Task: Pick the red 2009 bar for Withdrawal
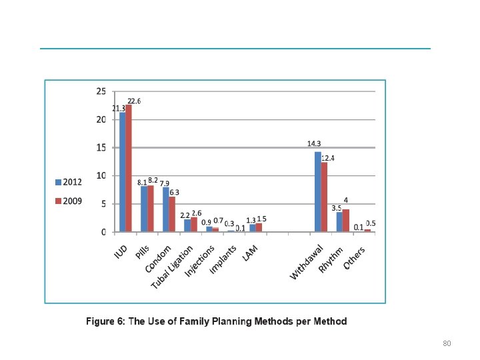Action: (x=325, y=197)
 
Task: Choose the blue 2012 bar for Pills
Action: (x=144, y=209)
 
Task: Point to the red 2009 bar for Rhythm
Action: (x=346, y=221)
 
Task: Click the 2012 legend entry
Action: (x=69, y=181)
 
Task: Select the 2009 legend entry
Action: (x=69, y=201)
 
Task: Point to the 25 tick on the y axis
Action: (x=101, y=91)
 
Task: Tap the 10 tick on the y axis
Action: (x=101, y=176)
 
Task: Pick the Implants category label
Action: (x=222, y=259)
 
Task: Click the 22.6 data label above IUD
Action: (x=134, y=101)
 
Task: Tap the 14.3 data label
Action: (x=314, y=143)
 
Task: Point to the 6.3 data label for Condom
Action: (x=175, y=192)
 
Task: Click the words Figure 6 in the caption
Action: (x=105, y=321)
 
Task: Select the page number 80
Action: (x=447, y=343)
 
